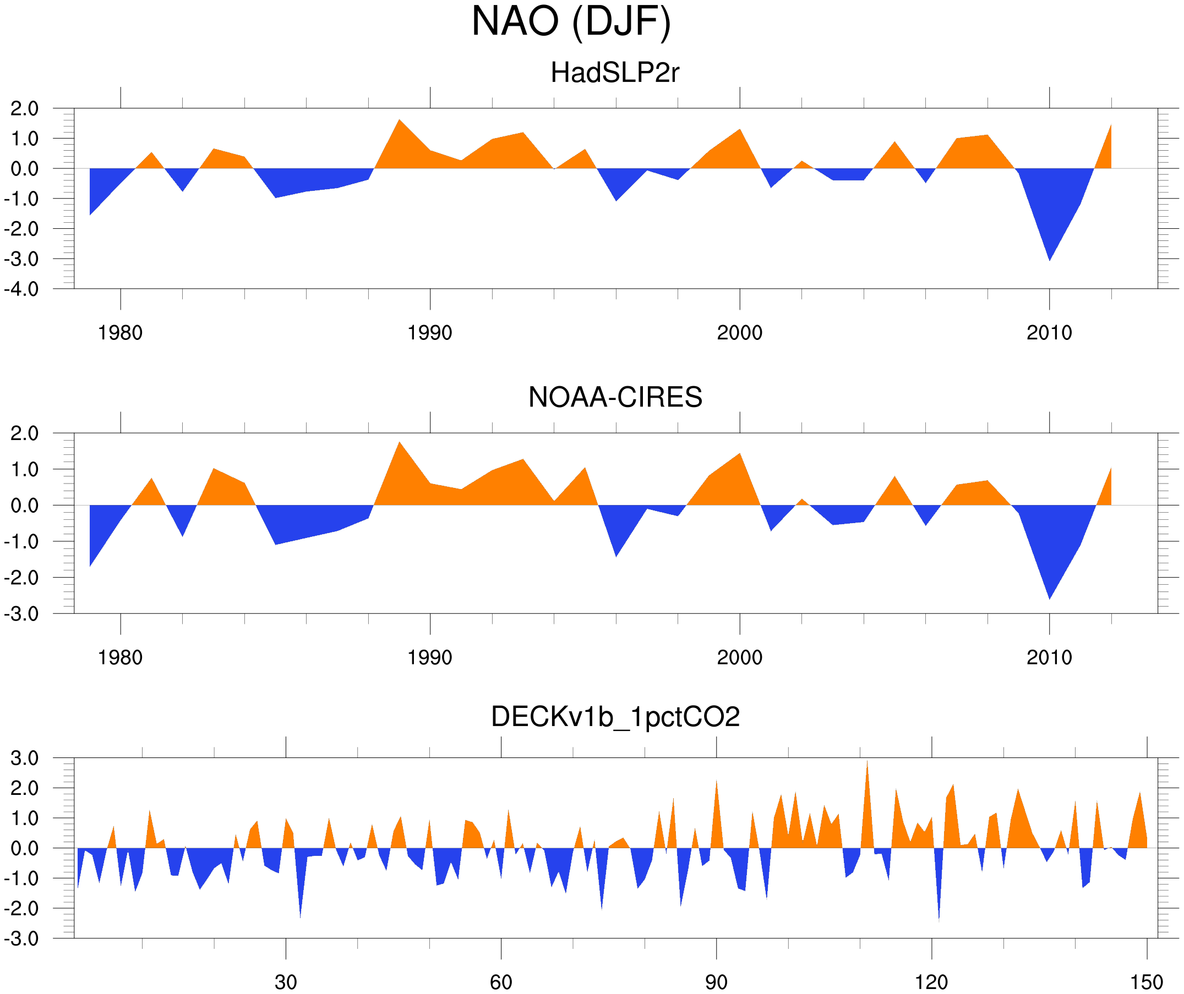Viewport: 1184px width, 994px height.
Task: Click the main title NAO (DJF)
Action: (571, 21)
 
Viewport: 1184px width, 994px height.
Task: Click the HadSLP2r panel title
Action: (614, 73)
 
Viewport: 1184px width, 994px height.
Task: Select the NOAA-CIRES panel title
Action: (615, 397)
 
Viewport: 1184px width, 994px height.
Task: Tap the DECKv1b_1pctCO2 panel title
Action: (615, 717)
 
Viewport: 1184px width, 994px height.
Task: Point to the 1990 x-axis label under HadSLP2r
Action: (430, 333)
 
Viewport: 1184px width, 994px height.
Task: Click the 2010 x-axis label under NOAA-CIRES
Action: (1049, 657)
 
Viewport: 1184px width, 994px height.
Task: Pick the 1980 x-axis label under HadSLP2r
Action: (120, 333)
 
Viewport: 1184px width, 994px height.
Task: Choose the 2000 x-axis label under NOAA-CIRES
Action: (739, 657)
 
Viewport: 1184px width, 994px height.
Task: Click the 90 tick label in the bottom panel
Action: (716, 982)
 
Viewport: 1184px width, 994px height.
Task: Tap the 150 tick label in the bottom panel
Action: (1146, 982)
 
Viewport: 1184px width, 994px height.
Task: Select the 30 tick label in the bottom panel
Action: (285, 982)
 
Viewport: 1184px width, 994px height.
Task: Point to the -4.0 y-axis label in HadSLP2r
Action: (21, 290)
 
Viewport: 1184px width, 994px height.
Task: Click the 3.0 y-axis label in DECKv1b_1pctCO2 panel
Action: (25, 759)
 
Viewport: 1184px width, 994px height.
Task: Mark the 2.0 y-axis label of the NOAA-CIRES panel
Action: (25, 434)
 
